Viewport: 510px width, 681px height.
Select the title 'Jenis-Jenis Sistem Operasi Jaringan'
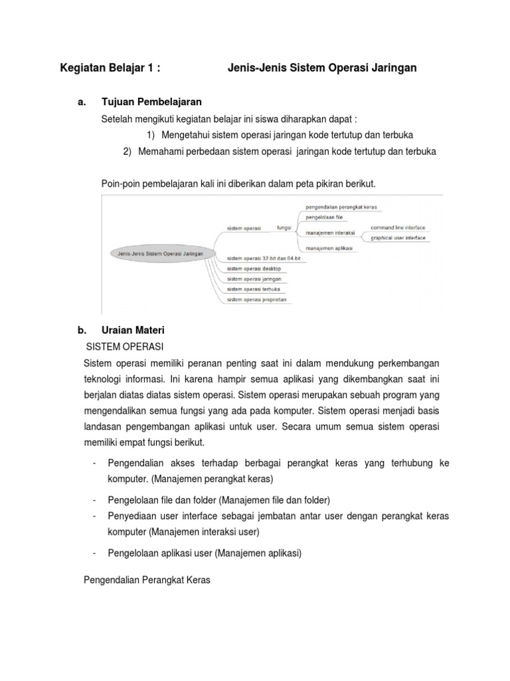coord(322,68)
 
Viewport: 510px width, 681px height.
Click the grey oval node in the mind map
coord(157,253)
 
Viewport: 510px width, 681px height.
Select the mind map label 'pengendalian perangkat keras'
coord(341,207)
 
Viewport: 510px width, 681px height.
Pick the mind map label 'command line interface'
coord(398,227)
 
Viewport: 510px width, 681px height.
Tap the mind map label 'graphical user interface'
coord(398,237)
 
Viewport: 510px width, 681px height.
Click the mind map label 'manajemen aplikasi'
coord(329,248)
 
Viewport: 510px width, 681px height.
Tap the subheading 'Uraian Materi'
coord(137,330)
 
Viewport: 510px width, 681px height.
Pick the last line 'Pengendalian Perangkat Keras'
coord(147,580)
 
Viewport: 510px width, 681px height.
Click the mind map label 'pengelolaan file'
coord(324,217)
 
